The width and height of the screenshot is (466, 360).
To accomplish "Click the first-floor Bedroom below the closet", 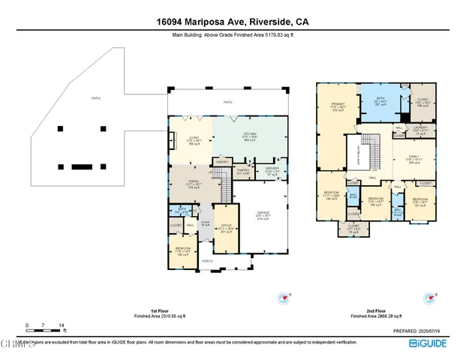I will (182, 250).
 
